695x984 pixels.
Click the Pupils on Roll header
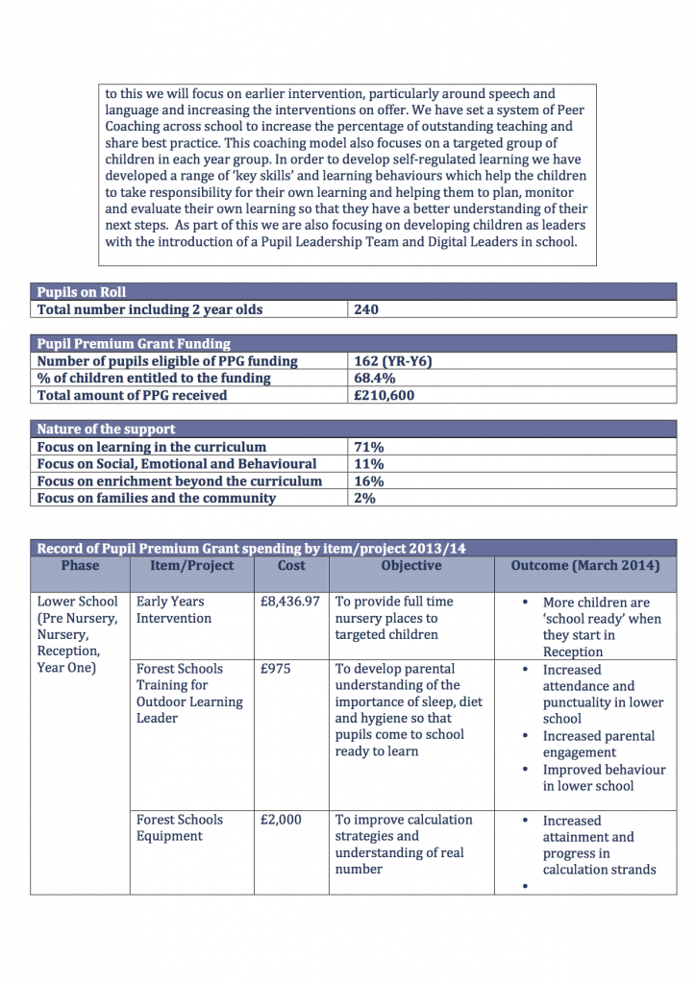point(82,292)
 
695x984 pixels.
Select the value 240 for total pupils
point(366,309)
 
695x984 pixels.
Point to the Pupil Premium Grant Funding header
point(134,344)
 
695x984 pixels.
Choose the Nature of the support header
point(106,430)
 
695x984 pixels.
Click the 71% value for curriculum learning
point(369,447)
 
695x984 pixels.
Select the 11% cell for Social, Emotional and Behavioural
point(369,464)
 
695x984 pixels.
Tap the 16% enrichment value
point(369,481)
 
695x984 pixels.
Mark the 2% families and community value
point(364,499)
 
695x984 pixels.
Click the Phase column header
point(80,566)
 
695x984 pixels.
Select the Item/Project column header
point(191,566)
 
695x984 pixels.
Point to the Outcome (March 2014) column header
point(584,566)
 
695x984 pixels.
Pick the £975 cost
point(276,670)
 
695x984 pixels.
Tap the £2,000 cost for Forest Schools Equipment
point(281,821)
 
